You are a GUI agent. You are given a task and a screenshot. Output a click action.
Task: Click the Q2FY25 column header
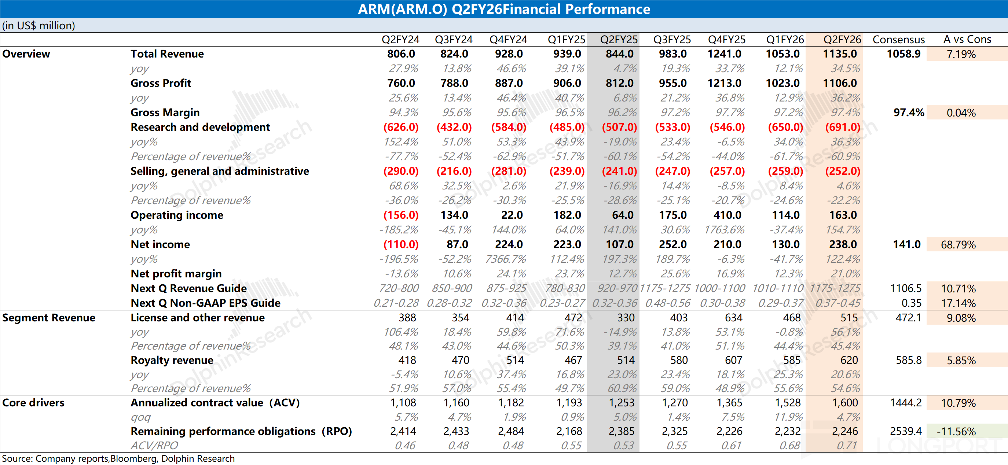pos(619,40)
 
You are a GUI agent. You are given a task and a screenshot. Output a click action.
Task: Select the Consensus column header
pos(898,40)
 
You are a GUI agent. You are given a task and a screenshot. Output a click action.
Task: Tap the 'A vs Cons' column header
pos(967,40)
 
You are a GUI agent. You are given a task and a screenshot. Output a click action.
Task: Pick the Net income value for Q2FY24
pos(401,244)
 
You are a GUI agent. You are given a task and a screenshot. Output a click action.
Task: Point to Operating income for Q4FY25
pos(727,215)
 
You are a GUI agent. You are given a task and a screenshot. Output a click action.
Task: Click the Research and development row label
pos(200,127)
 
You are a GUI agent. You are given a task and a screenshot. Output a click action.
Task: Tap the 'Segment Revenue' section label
pos(48,318)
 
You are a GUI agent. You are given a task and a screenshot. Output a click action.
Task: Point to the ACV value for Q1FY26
pos(787,403)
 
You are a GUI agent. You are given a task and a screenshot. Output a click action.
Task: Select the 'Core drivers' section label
pos(33,403)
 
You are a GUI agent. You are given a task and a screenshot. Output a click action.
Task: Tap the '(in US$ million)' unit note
pos(39,26)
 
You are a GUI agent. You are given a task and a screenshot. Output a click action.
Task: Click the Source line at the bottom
pos(118,458)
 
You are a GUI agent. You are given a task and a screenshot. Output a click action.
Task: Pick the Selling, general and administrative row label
pos(220,171)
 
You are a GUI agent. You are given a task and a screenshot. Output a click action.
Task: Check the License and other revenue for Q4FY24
pos(514,318)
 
